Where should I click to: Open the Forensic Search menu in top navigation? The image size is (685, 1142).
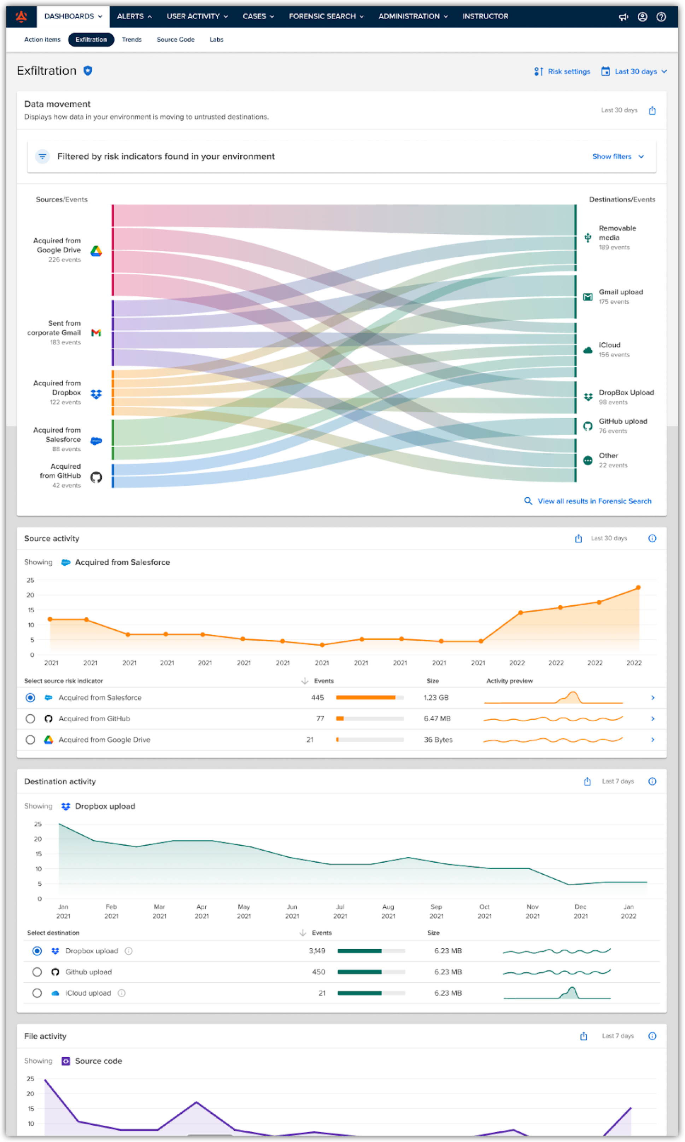326,17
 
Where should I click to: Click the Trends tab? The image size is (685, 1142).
131,40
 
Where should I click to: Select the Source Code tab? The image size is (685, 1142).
175,40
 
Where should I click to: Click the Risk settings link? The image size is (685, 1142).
562,71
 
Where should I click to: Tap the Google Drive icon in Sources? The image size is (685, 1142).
96,251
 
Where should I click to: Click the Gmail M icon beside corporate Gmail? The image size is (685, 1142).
96,333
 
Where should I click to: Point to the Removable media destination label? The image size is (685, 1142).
617,233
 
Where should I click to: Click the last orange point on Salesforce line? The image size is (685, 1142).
638,588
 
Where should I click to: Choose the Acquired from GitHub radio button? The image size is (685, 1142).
30,719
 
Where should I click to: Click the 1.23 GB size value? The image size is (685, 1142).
436,698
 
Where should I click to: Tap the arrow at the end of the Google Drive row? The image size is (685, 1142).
652,740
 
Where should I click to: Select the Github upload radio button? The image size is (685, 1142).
37,972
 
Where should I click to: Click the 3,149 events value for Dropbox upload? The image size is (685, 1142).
317,951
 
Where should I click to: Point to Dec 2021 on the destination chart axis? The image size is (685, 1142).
580,911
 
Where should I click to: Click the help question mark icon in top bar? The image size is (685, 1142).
661,17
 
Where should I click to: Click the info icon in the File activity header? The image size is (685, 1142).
652,1036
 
